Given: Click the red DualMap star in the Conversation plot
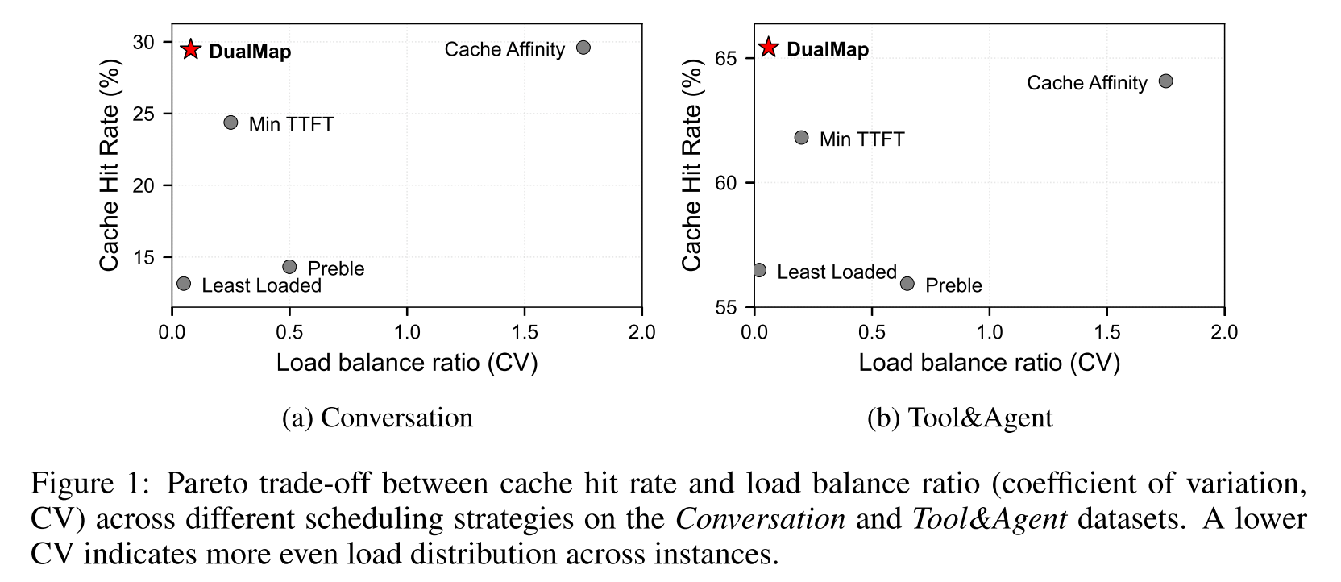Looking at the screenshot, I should point(190,49).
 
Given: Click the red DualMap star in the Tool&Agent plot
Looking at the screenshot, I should point(769,48).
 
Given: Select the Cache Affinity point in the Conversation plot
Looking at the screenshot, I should point(583,48).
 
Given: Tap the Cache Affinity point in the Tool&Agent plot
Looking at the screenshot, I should point(1165,81).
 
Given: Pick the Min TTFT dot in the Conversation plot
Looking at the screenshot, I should point(230,123).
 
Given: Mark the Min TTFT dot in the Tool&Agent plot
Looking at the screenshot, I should point(801,138).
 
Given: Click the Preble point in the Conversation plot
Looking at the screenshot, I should point(289,267).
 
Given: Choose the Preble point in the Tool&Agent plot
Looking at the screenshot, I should point(907,284).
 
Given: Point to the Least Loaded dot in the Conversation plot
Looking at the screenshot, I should point(184,284).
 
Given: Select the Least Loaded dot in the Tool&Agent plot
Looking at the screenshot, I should point(759,270).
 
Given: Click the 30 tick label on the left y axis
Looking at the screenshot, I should point(143,42).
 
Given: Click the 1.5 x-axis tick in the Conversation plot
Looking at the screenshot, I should point(525,332).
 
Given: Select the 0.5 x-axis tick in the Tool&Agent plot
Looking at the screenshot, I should point(871,332).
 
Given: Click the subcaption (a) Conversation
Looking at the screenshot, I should point(377,418).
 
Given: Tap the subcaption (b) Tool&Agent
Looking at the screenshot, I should point(960,418).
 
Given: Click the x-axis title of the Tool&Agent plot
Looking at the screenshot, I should point(989,363).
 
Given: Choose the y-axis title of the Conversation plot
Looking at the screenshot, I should point(110,165).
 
